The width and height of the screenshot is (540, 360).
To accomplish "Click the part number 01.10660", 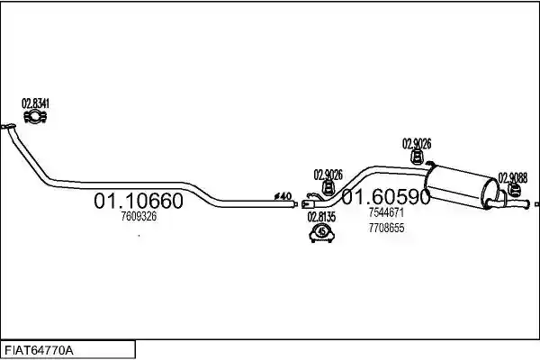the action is [x=139, y=201].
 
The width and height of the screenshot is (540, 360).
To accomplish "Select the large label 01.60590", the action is [x=386, y=196].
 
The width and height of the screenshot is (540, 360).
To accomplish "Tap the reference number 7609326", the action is [x=139, y=216].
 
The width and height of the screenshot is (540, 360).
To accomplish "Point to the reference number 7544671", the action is [x=386, y=212].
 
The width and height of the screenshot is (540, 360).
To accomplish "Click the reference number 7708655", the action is [x=386, y=228].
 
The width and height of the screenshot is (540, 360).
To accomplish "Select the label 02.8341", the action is [x=35, y=103].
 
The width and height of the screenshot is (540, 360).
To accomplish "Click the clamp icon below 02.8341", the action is [x=35, y=117].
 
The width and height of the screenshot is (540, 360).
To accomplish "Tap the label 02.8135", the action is [x=321, y=217].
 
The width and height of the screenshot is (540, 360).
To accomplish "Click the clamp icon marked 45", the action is [x=322, y=233].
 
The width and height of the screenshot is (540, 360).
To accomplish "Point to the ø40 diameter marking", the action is [x=283, y=196].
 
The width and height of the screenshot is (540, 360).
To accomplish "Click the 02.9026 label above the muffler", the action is [x=417, y=144].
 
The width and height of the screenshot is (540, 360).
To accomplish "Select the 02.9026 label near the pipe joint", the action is [x=328, y=175].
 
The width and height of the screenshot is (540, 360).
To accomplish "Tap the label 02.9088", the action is [x=513, y=178].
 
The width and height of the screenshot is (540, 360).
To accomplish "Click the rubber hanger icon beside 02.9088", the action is [x=514, y=190].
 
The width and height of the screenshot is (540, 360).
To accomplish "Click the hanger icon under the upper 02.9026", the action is [x=417, y=157].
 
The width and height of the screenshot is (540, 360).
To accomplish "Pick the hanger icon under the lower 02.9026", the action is [x=328, y=188].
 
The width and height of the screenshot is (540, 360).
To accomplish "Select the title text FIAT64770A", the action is [x=39, y=351].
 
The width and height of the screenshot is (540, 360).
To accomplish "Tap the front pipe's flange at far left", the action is [x=7, y=126].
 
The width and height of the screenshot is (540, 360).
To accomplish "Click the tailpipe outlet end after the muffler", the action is [x=526, y=204].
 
